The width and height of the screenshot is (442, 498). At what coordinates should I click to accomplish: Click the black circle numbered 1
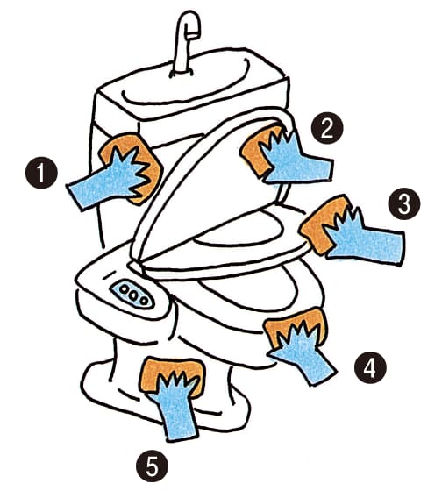tap(41, 173)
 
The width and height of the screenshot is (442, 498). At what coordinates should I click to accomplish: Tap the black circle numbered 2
tap(328, 128)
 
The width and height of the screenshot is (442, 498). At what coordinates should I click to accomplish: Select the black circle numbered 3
tap(404, 204)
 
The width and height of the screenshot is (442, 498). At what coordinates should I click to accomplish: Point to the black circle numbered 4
tap(370, 368)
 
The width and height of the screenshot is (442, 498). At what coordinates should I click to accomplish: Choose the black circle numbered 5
tap(152, 466)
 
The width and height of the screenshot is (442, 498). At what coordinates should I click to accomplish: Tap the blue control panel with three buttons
tap(132, 295)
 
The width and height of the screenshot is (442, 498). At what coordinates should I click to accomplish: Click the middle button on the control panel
tap(132, 295)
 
